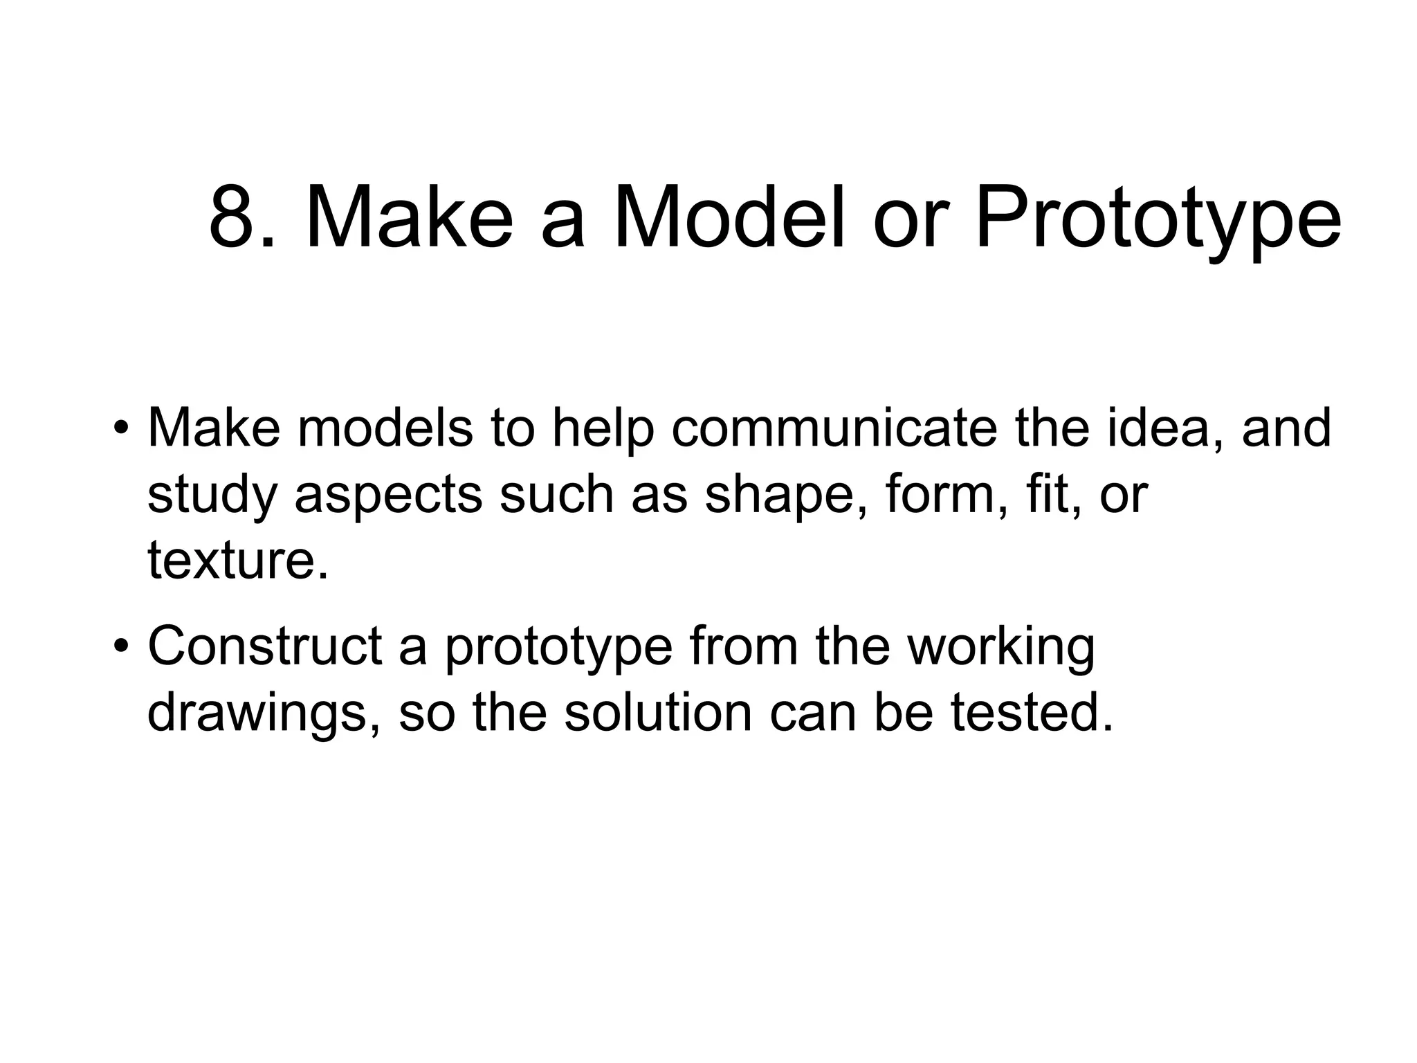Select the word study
(x=212, y=496)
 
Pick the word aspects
(x=388, y=496)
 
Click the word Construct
(x=265, y=646)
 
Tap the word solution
(x=658, y=713)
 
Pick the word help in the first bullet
(x=603, y=428)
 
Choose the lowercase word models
(x=385, y=428)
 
